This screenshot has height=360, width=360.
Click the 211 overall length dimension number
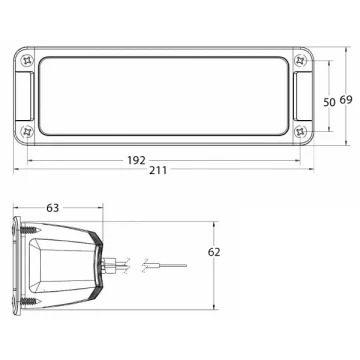[x=158, y=170]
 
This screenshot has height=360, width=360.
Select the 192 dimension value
[x=136, y=161]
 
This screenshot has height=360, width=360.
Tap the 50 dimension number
[x=329, y=102]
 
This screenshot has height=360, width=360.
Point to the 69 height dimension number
[x=346, y=100]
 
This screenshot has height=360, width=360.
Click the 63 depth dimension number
[x=52, y=208]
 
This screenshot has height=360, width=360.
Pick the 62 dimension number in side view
[x=214, y=252]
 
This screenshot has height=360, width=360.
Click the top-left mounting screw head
[x=27, y=61]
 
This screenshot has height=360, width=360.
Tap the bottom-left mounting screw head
[x=27, y=132]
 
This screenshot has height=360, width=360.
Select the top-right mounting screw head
[x=300, y=61]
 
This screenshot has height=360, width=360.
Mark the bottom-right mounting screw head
[x=300, y=132]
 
